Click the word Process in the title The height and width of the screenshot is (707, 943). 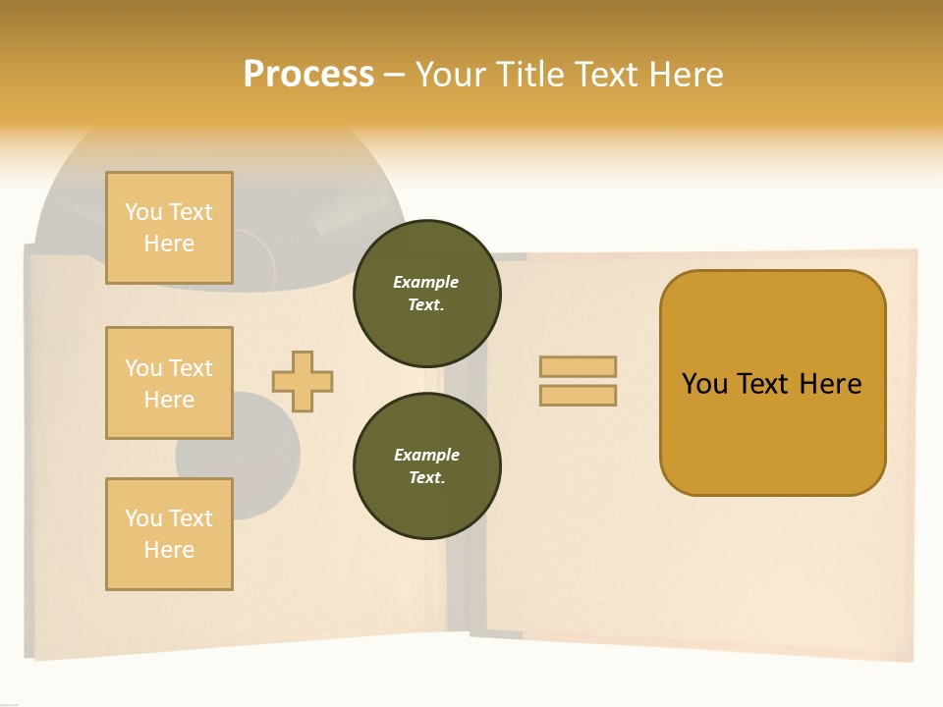point(308,75)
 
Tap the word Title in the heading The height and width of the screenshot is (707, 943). point(528,75)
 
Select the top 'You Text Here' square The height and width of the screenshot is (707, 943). point(169,228)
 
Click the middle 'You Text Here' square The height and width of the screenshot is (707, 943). point(169,383)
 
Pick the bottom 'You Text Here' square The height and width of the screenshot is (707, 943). point(169,534)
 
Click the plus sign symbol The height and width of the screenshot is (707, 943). point(303,381)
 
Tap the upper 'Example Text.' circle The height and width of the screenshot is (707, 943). point(426,294)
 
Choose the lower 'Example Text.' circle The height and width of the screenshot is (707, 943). point(426,466)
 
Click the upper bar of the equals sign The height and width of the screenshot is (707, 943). point(578,367)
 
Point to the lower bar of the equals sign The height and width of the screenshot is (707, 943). point(578,396)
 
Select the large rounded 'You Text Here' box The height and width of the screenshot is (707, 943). point(772,383)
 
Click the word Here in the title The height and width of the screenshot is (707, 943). point(685,75)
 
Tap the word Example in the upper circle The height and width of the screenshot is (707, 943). point(426,282)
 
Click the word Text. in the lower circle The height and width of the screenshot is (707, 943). point(426,478)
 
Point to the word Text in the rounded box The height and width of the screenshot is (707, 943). point(763,384)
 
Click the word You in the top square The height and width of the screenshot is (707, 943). point(143,212)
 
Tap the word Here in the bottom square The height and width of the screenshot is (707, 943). point(169,550)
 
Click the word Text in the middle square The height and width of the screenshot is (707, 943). point(191,368)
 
